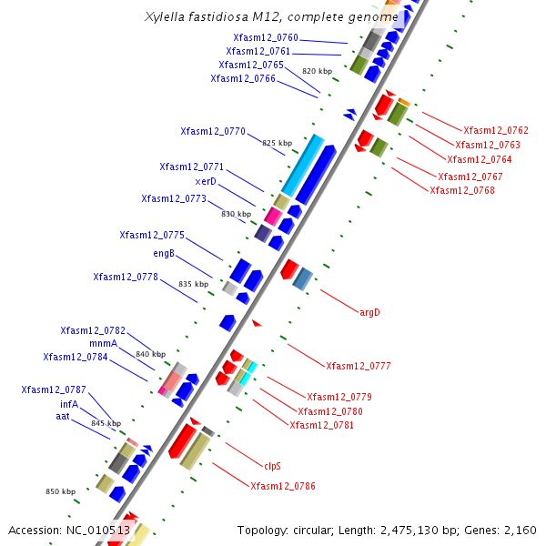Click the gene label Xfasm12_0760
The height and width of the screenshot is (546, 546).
(266, 37)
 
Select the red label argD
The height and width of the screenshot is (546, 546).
(369, 312)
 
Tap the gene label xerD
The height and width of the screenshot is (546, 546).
(206, 181)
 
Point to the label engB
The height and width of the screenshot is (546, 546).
(164, 253)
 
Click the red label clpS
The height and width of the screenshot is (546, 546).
(272, 466)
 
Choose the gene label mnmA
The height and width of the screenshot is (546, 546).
(104, 344)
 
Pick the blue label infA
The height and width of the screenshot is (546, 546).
(69, 404)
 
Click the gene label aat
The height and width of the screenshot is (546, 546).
(63, 417)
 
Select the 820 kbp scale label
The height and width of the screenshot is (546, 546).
(318, 71)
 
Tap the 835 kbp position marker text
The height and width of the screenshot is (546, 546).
(194, 284)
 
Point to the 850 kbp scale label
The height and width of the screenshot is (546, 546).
(61, 491)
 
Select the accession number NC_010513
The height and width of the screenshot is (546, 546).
(98, 531)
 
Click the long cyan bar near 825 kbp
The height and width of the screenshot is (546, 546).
(303, 166)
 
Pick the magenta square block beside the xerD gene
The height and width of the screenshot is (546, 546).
(273, 217)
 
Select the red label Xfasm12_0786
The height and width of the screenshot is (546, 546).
(283, 486)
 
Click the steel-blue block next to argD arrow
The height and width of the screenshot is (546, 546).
(303, 279)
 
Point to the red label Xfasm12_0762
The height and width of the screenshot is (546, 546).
(496, 130)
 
